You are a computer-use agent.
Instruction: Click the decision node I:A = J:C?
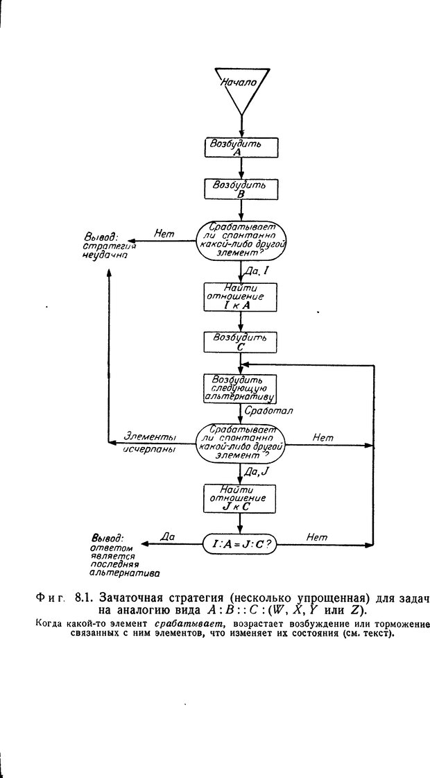tap(240, 543)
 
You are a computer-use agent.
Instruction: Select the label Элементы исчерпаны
tap(148, 443)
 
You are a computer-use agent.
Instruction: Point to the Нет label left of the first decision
tap(164, 234)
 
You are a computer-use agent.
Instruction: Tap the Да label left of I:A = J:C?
tap(167, 536)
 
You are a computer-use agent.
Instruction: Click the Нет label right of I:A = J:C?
tap(316, 536)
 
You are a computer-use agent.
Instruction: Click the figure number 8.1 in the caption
tap(83, 597)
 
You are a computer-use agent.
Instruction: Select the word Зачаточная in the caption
tap(136, 597)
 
